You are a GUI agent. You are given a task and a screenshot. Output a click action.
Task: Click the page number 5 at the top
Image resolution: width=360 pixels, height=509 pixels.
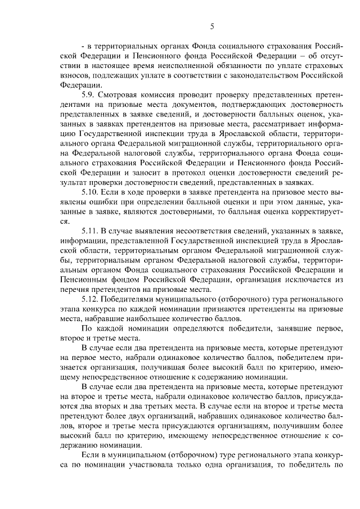pyautogui.click(x=212, y=26)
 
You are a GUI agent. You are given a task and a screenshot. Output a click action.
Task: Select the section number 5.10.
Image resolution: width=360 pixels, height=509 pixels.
pyautogui.click(x=92, y=192)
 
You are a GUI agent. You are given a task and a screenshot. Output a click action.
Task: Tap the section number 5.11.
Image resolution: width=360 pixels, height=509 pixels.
pyautogui.click(x=92, y=231)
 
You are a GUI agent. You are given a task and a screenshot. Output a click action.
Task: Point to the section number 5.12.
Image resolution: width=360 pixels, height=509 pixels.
pyautogui.click(x=92, y=299)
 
